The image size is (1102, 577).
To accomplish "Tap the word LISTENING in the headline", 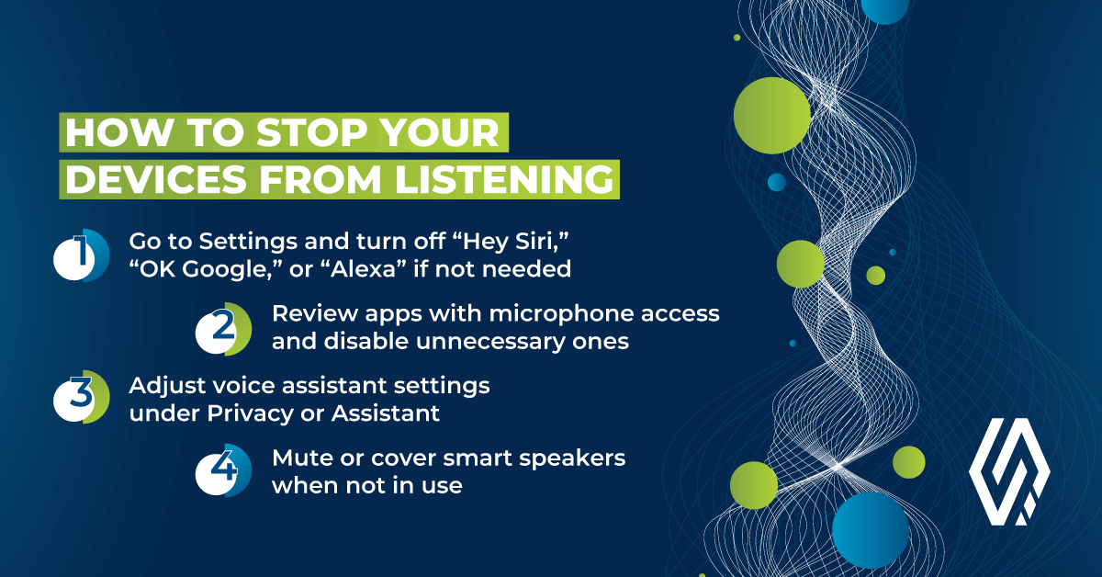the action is click(504, 179).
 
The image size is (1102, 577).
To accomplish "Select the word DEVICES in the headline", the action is click(156, 179).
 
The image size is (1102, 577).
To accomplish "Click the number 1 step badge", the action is click(82, 255).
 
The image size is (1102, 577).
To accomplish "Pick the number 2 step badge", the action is click(224, 329).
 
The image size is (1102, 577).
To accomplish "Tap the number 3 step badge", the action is click(82, 397).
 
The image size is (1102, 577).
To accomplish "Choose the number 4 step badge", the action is click(224, 470).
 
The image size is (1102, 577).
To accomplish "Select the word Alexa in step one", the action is click(365, 269).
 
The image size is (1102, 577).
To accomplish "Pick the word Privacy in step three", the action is click(250, 414).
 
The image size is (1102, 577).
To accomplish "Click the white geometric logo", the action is click(1009, 471).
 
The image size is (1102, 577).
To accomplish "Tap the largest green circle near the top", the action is click(772, 115).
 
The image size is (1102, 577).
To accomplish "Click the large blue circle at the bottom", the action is click(871, 530).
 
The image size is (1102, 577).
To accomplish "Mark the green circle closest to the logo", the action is click(908, 462).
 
